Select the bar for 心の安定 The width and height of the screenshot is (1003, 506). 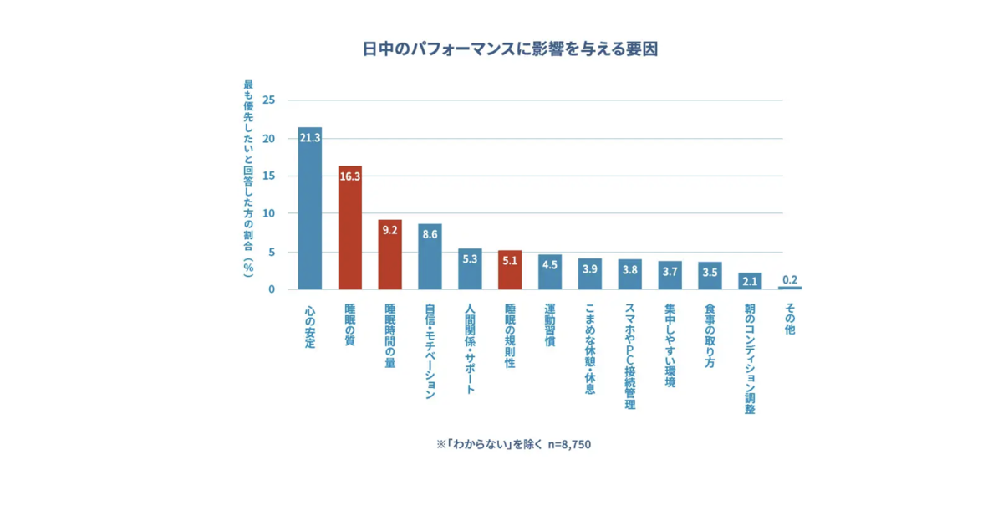(x=309, y=209)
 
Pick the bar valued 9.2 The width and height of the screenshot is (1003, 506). (x=389, y=255)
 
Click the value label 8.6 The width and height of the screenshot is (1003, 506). (x=430, y=235)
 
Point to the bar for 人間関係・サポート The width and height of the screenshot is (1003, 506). (x=470, y=269)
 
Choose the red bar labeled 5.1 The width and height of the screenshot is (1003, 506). (x=510, y=270)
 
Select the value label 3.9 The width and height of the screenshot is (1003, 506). (x=590, y=268)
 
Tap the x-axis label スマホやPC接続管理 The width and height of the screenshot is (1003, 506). (x=630, y=356)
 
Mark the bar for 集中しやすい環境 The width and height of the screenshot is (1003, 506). (x=670, y=275)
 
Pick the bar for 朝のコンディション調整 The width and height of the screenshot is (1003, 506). (x=750, y=281)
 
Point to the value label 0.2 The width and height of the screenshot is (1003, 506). (x=790, y=279)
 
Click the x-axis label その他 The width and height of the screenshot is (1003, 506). (x=790, y=319)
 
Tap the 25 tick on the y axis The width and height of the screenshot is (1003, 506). (x=268, y=100)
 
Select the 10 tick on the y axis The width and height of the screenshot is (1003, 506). (x=268, y=214)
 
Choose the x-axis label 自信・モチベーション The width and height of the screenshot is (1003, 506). (x=430, y=351)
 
